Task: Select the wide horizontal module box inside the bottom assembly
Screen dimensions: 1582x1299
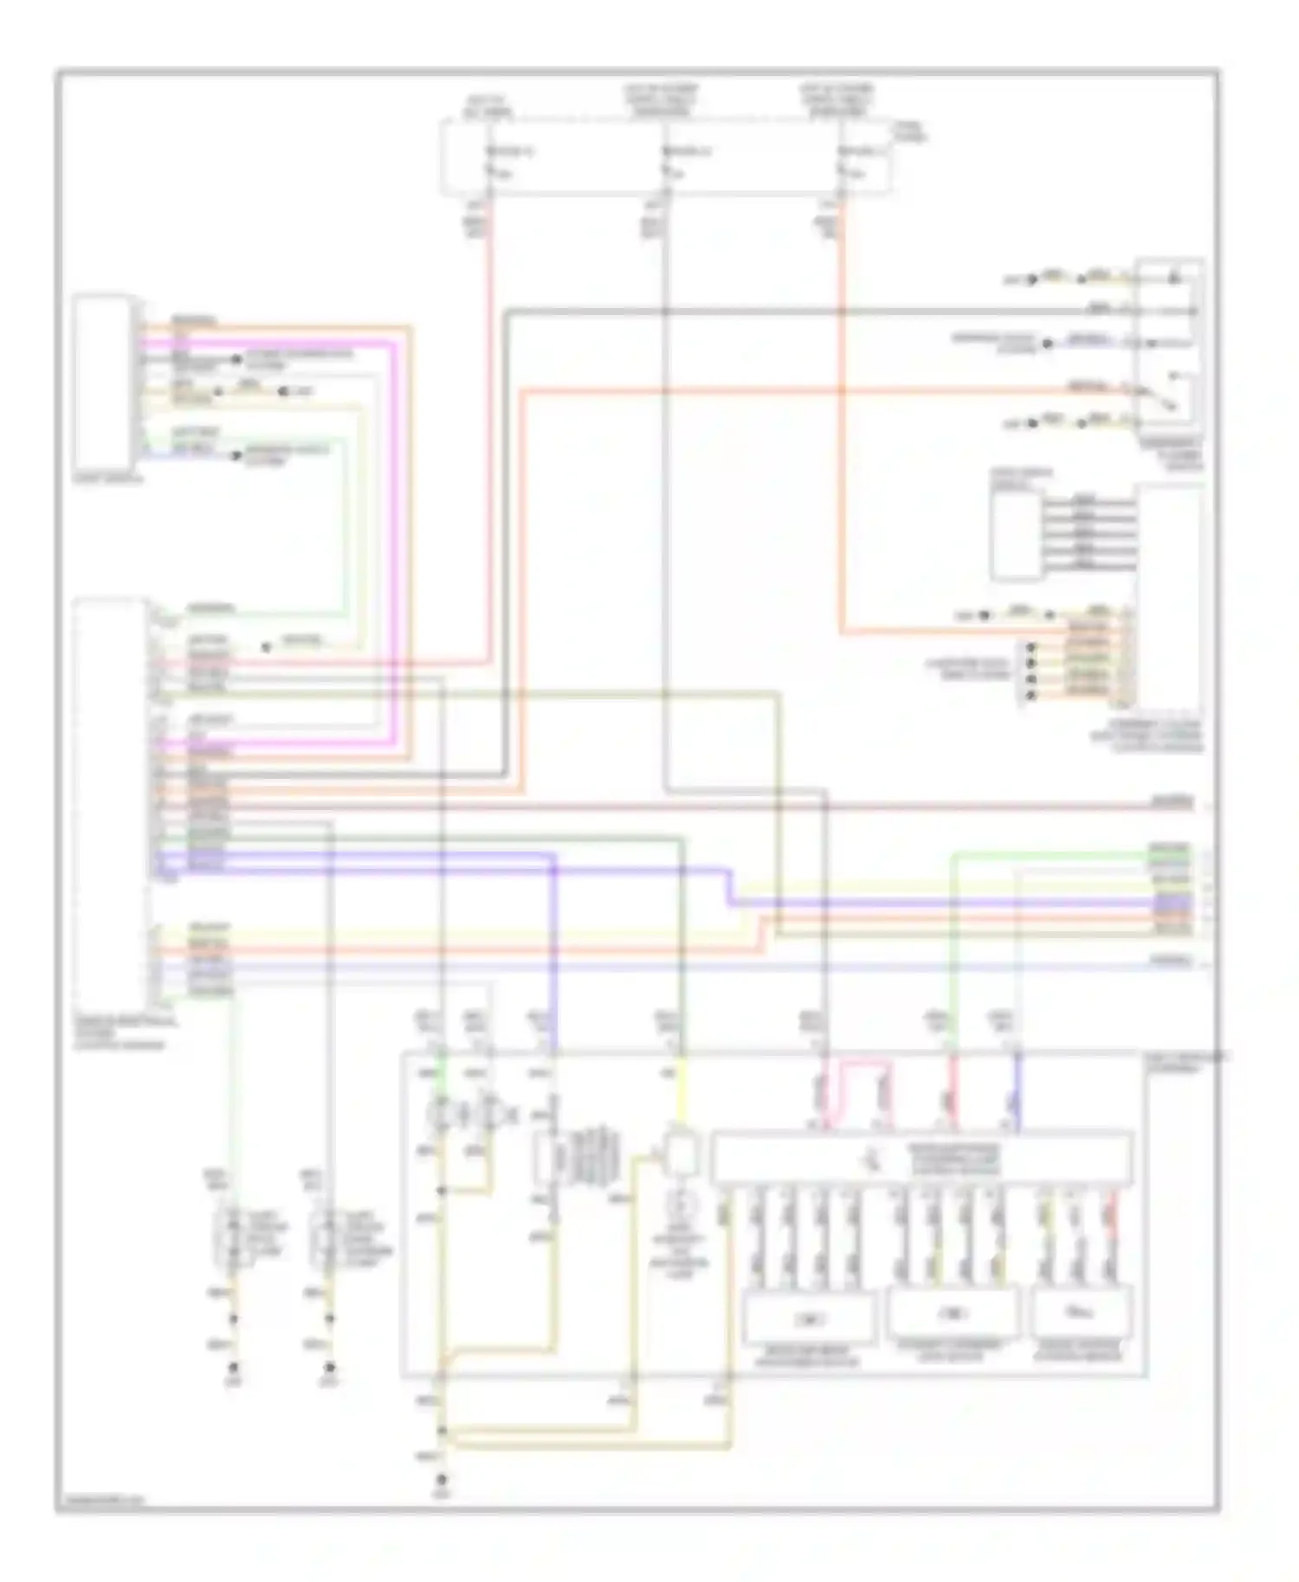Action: pos(921,1158)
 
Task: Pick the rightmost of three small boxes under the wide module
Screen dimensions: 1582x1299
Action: pos(1082,1311)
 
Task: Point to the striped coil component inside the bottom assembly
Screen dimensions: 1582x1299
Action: pos(596,1158)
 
